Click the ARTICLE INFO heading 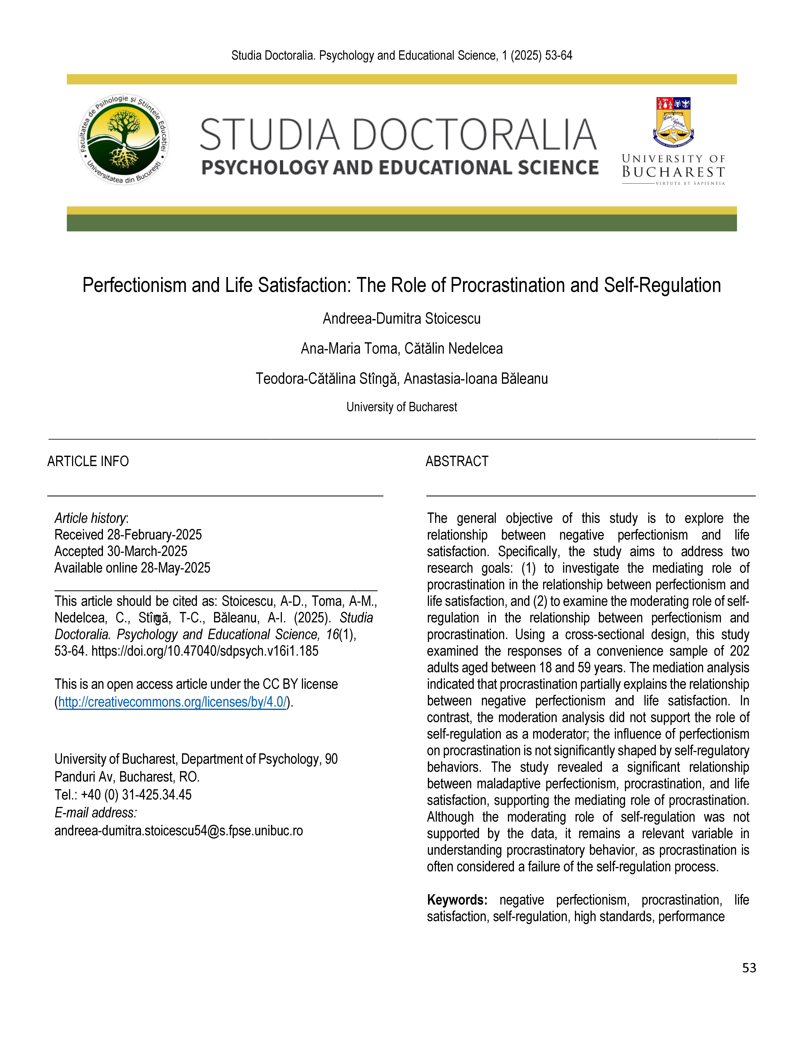88,461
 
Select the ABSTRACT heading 457,461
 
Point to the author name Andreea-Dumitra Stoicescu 402,318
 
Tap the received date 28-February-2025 154,535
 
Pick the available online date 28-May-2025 175,568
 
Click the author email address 179,831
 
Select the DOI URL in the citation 205,651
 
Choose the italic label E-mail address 96,813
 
